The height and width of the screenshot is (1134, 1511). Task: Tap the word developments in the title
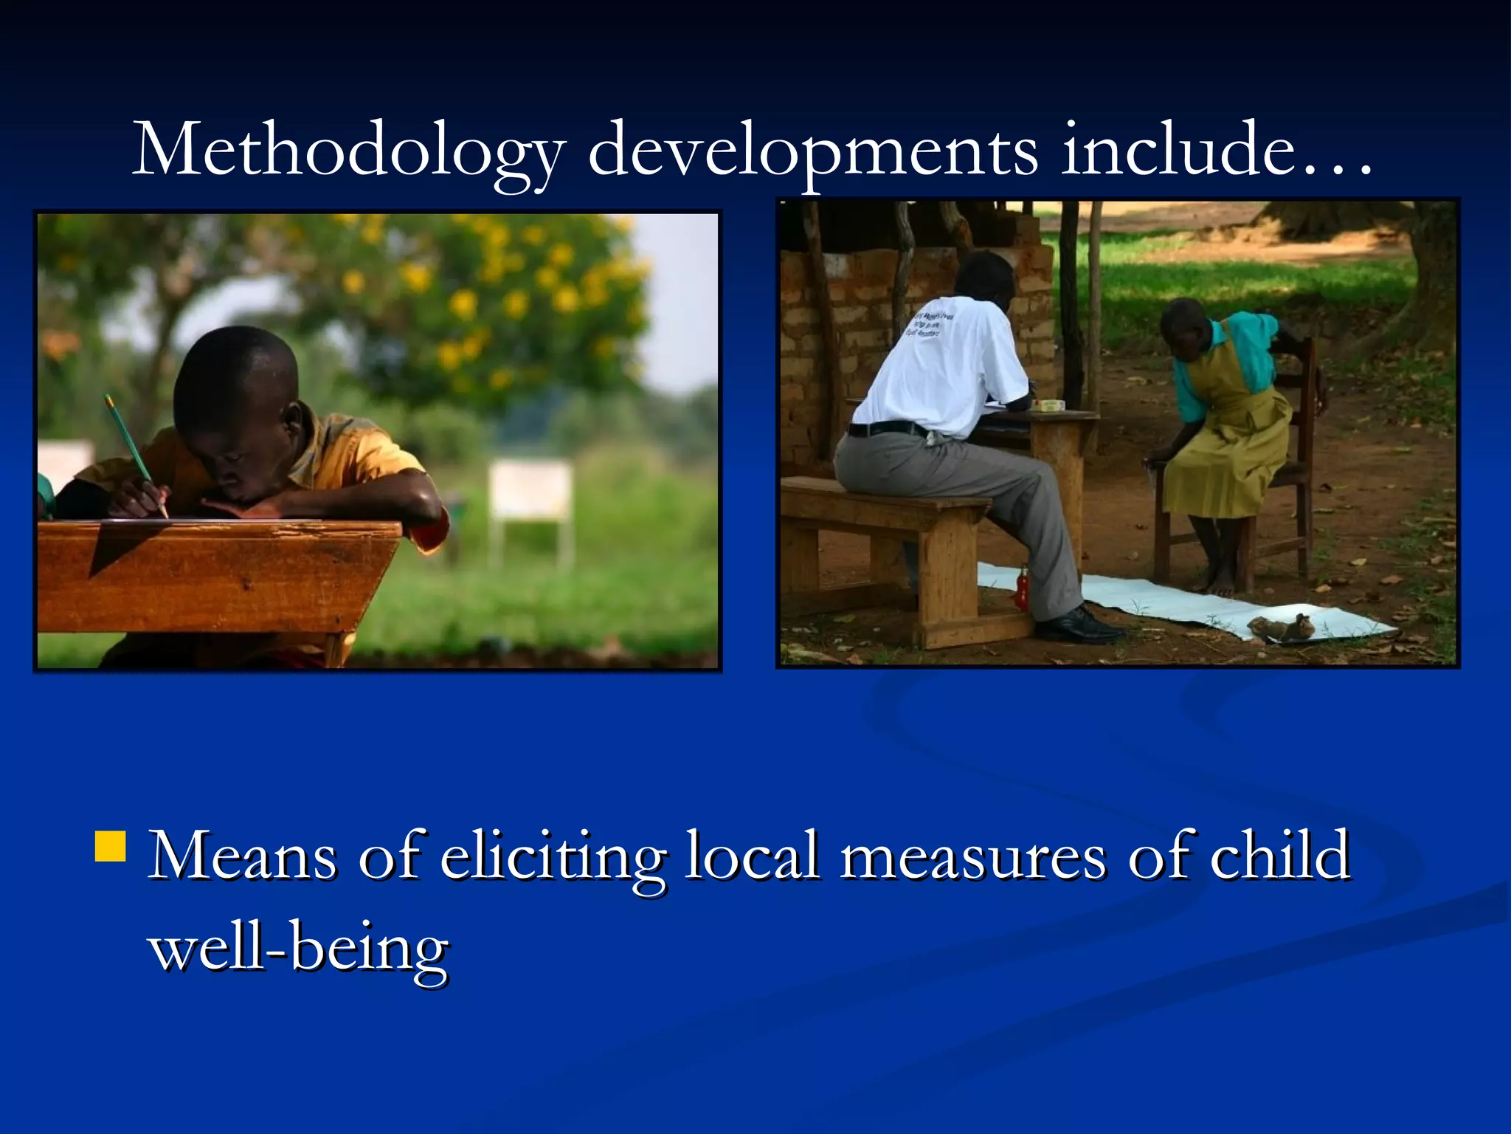[x=812, y=151]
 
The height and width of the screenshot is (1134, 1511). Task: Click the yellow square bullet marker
[x=111, y=847]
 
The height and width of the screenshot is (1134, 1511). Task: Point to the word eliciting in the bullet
[x=553, y=856]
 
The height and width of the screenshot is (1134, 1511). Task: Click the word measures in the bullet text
[x=973, y=856]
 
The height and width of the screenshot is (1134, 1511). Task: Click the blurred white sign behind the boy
[x=530, y=489]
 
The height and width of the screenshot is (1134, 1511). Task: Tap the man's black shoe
[x=1076, y=627]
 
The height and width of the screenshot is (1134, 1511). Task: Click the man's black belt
[x=886, y=429]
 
